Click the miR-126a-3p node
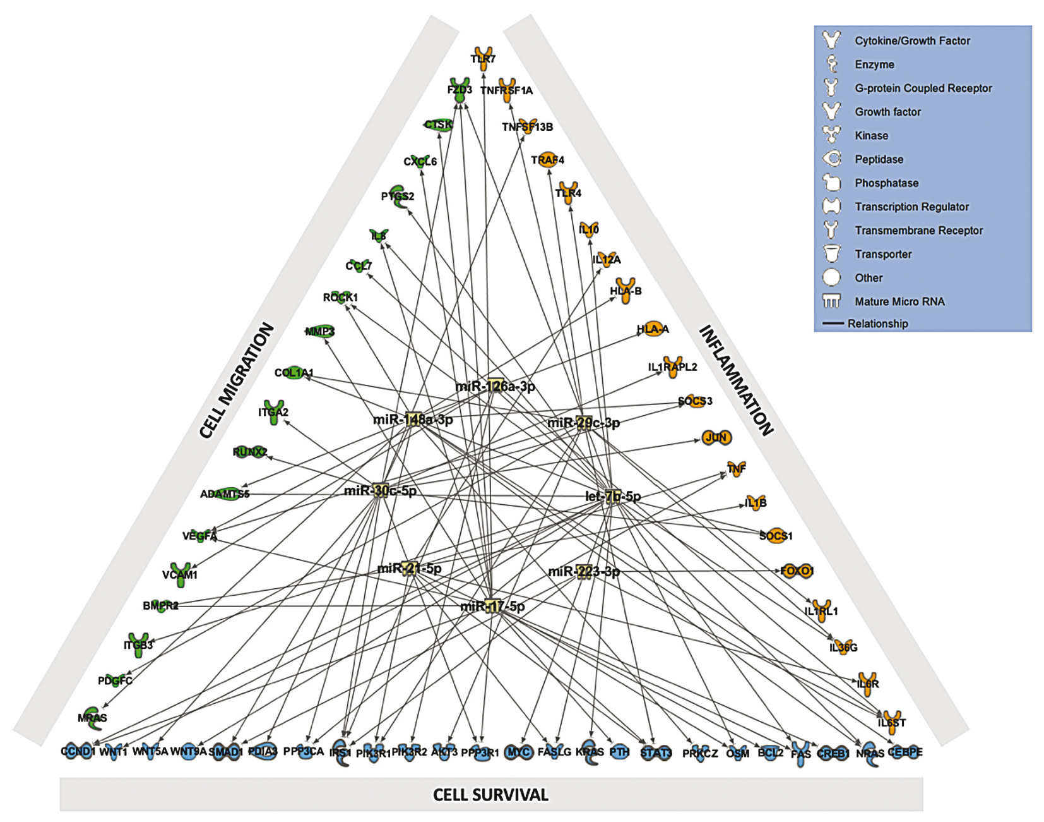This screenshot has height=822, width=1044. click(x=495, y=385)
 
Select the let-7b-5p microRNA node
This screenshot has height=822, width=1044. click(x=612, y=497)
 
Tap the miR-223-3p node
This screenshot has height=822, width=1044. click(x=584, y=572)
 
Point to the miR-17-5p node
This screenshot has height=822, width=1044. click(x=492, y=607)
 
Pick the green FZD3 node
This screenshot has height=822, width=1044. click(x=460, y=90)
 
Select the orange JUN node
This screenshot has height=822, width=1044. click(x=716, y=437)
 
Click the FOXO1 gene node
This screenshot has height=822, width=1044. click(x=797, y=571)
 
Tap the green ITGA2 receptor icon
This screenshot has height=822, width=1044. click(x=273, y=411)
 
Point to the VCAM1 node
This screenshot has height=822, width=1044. click(x=181, y=574)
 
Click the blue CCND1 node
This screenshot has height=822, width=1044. click(x=78, y=751)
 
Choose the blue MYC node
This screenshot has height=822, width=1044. click(x=519, y=752)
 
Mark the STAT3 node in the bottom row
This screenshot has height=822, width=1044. click(x=656, y=752)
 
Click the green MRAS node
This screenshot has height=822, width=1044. click(x=93, y=717)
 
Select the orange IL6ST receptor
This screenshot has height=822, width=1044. click(x=891, y=722)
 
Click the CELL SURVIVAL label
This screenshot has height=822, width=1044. click(x=490, y=795)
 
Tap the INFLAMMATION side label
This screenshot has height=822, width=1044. click(x=736, y=380)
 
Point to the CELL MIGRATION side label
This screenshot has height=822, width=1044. click(x=237, y=380)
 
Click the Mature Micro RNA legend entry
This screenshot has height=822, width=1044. click(x=899, y=301)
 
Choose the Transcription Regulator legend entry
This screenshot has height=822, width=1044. click(x=911, y=207)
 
